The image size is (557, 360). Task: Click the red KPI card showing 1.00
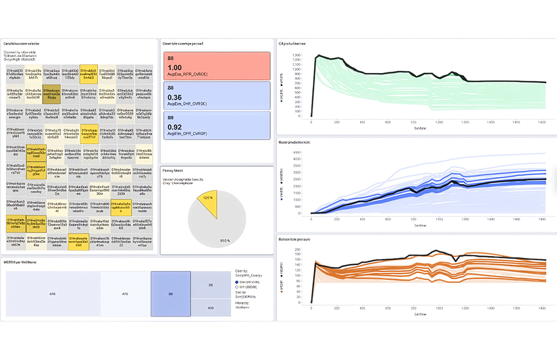click(217, 65)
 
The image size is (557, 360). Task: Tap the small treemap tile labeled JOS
click(210, 307)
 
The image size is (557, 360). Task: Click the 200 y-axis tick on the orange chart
click(297, 250)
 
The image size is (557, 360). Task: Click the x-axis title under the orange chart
click(420, 314)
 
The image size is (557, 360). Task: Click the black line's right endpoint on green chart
click(546, 82)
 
